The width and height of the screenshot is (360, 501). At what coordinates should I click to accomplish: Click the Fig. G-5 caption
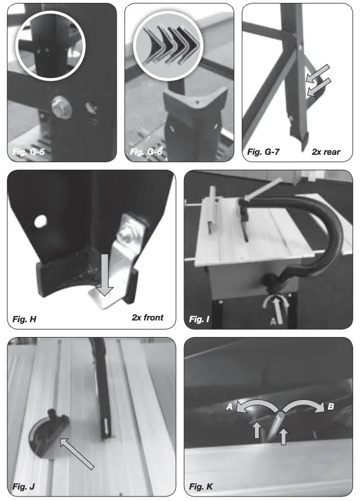click(28, 151)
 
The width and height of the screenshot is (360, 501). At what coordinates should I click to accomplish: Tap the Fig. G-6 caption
click(146, 151)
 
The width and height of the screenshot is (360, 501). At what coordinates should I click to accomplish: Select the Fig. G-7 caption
click(264, 152)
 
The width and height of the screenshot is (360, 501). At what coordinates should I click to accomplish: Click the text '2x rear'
click(326, 152)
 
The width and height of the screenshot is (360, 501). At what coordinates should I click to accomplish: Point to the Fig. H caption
click(25, 318)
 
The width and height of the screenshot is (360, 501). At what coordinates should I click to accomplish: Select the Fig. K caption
click(201, 487)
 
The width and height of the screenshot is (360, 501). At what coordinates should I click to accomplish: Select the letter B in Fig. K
click(331, 407)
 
